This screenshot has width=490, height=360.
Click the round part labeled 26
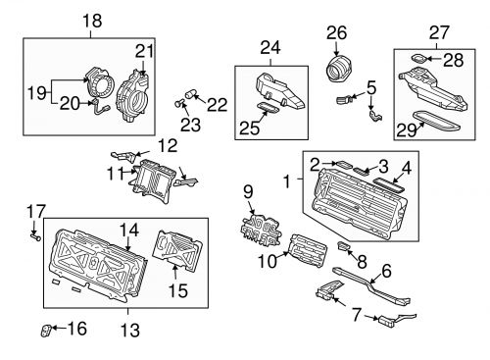coord(337,71)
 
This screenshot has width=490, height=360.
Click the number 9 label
coord(248,190)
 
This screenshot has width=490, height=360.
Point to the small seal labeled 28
coord(417,59)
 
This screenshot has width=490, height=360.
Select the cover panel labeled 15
coord(175,250)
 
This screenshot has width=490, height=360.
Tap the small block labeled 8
coord(345,245)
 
